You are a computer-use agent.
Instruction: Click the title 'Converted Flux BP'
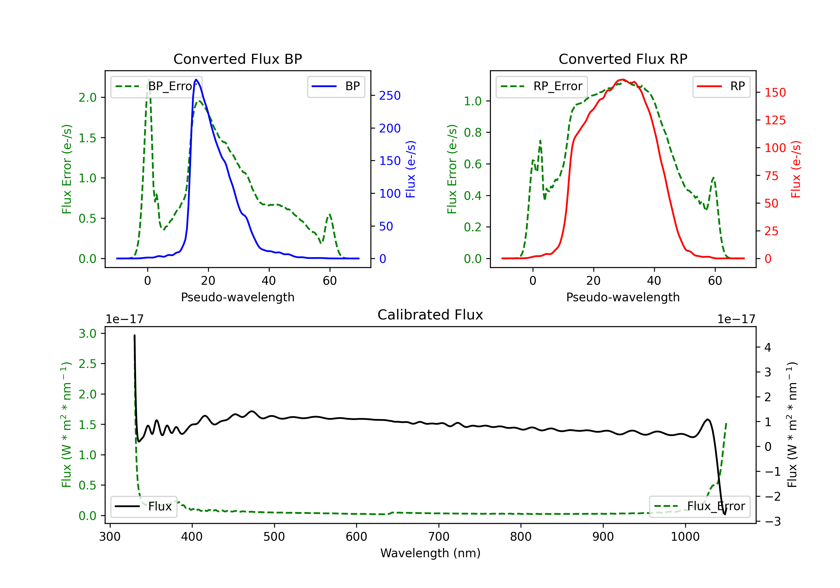(237, 59)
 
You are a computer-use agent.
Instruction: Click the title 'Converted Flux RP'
(623, 59)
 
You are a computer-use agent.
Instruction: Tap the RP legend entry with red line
(721, 86)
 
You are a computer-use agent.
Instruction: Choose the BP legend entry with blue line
(336, 86)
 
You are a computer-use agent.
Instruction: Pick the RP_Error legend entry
(542, 86)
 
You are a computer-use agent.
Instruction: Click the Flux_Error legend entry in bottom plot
(699, 507)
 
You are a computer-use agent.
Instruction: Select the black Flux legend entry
(143, 507)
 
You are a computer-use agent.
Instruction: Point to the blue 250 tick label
(390, 95)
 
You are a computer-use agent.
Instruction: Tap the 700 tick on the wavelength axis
(439, 537)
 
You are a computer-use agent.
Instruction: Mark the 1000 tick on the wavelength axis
(685, 537)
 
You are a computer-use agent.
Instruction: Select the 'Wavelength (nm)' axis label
(430, 553)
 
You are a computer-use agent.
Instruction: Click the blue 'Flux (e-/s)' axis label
(410, 169)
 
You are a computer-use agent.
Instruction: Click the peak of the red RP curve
(622, 80)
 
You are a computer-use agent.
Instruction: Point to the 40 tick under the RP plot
(654, 281)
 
